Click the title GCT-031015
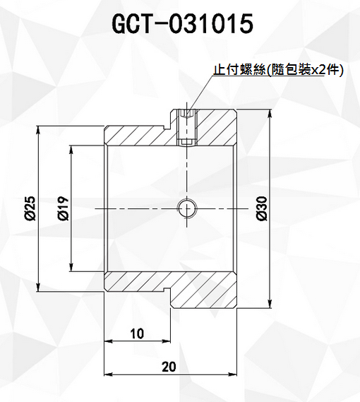click(x=183, y=24)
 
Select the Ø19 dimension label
click(x=63, y=208)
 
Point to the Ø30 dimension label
click(x=263, y=208)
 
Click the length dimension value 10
click(x=137, y=333)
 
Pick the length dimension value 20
click(x=169, y=367)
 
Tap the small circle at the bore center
click(x=187, y=208)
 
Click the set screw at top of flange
click(x=187, y=127)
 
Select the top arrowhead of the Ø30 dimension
click(x=270, y=114)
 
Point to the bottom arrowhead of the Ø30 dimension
click(x=270, y=304)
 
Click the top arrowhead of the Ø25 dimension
click(x=38, y=130)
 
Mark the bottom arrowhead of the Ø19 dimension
click(x=71, y=267)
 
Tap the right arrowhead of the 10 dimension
click(x=166, y=341)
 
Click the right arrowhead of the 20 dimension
click(x=232, y=374)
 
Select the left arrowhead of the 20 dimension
click(x=109, y=374)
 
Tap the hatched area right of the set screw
click(x=217, y=128)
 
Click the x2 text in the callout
click(x=318, y=70)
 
